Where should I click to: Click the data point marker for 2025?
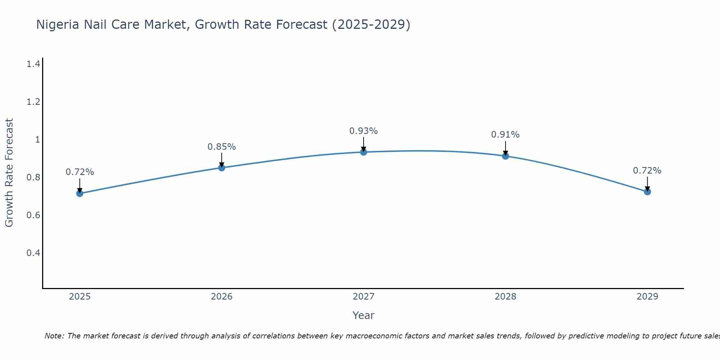[x=80, y=193]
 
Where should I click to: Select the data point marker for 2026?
[x=221, y=168]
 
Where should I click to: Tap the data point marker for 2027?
[x=364, y=152]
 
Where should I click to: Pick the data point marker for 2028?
[x=505, y=156]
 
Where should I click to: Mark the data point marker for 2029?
[x=647, y=192]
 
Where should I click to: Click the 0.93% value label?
[x=364, y=131]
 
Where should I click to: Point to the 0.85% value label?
[x=221, y=147]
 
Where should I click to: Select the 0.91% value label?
[x=505, y=135]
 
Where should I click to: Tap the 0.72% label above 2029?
[x=647, y=171]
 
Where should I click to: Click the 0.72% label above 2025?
[x=80, y=172]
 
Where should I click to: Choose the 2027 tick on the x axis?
[x=364, y=297]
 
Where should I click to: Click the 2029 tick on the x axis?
[x=647, y=297]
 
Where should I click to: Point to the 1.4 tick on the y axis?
[x=33, y=64]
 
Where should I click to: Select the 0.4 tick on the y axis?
[x=33, y=253]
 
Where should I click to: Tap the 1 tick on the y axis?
[x=37, y=139]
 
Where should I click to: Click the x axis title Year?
[x=364, y=315]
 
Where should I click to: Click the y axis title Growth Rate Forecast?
[x=9, y=173]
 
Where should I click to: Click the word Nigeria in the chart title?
[x=58, y=24]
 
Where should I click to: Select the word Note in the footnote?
[x=54, y=336]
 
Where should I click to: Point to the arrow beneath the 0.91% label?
[x=505, y=148]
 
